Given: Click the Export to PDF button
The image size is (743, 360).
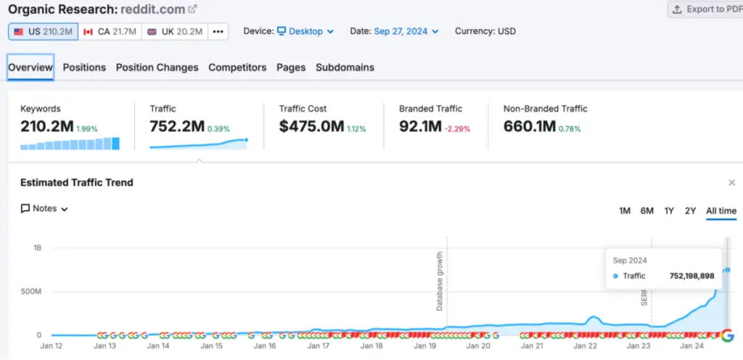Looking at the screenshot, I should tap(705, 9).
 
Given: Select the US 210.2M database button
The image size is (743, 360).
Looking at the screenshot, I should tap(43, 32).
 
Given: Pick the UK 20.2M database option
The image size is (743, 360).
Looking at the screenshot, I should tap(174, 32).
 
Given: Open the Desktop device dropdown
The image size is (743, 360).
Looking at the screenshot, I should tap(305, 31).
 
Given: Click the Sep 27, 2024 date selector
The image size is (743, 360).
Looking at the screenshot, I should tap(406, 31).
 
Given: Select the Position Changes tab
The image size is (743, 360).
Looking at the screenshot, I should tap(157, 67).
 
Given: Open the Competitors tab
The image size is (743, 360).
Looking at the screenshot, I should tap(237, 67).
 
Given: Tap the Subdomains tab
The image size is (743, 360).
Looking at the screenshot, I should tap(345, 67).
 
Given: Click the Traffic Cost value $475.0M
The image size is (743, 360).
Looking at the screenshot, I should tap(311, 127).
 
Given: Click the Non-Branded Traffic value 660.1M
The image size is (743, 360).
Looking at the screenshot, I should tap(529, 127).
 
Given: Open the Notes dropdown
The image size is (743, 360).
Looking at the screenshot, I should tap(45, 208).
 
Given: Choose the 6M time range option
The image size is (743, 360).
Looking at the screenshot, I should tap(646, 210).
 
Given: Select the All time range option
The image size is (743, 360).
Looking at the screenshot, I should tap(721, 210).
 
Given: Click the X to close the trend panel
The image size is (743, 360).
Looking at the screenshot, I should tap(731, 183).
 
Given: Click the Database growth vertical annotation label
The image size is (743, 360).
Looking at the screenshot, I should tap(440, 282).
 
